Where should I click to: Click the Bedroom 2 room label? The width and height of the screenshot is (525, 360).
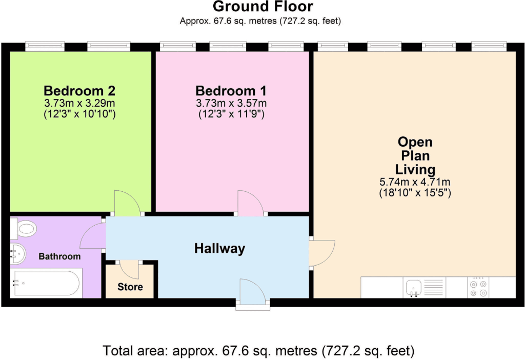pyautogui.click(x=79, y=91)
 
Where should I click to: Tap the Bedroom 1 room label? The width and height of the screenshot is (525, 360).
pyautogui.click(x=231, y=91)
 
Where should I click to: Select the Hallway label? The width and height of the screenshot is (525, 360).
pyautogui.click(x=219, y=249)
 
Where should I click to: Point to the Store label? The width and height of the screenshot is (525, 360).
pyautogui.click(x=130, y=287)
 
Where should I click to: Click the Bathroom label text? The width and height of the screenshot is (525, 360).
pyautogui.click(x=60, y=256)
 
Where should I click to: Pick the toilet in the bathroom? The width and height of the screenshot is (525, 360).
pyautogui.click(x=24, y=228)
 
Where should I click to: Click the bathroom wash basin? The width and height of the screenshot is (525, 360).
pyautogui.click(x=18, y=254)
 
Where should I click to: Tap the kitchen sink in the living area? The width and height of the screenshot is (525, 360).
pyautogui.click(x=413, y=288)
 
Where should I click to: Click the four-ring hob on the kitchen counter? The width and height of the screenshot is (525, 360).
pyautogui.click(x=478, y=288)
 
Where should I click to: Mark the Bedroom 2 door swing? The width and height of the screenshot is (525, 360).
pyautogui.click(x=127, y=203)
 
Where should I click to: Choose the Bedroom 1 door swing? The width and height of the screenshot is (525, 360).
pyautogui.click(x=250, y=203)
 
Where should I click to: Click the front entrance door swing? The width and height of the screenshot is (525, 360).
pyautogui.click(x=252, y=292)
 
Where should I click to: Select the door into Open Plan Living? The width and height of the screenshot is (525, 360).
pyautogui.click(x=322, y=253)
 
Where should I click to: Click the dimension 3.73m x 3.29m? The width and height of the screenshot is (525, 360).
pyautogui.click(x=79, y=104)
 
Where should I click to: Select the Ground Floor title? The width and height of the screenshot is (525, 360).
pyautogui.click(x=262, y=7)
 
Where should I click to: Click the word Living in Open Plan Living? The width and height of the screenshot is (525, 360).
pyautogui.click(x=415, y=169)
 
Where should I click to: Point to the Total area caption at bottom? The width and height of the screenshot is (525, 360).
pyautogui.click(x=258, y=351)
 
